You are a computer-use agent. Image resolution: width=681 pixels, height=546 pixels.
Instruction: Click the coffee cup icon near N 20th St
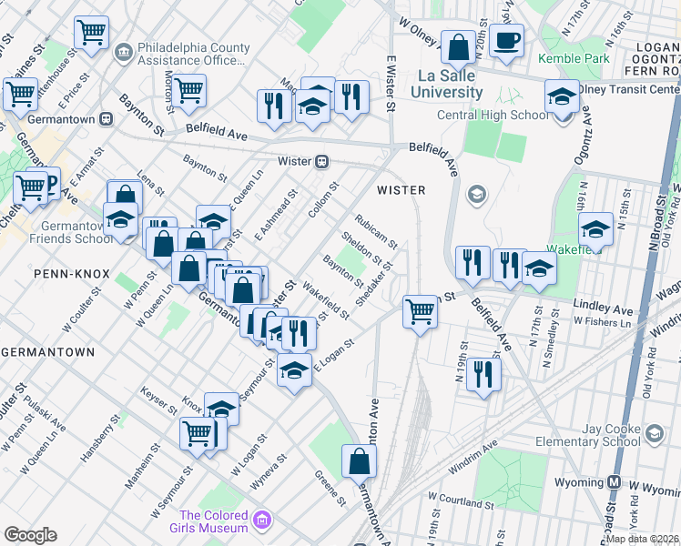click(505, 40)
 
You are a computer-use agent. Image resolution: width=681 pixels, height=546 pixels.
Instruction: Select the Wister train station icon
click(321, 162)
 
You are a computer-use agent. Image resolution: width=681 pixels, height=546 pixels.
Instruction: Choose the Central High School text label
click(493, 116)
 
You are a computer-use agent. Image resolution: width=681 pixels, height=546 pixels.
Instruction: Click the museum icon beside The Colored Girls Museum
click(262, 521)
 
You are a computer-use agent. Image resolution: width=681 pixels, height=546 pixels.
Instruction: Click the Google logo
click(30, 535)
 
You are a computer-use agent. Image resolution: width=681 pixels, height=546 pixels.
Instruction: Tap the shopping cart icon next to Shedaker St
click(420, 312)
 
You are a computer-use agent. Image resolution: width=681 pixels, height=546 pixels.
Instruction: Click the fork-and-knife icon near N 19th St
click(483, 374)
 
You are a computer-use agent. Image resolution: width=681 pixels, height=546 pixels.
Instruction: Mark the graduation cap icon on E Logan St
click(294, 371)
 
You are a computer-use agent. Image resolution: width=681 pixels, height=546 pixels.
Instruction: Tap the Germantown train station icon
click(107, 118)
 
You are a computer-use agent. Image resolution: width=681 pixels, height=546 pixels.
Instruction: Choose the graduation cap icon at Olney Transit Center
click(562, 96)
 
